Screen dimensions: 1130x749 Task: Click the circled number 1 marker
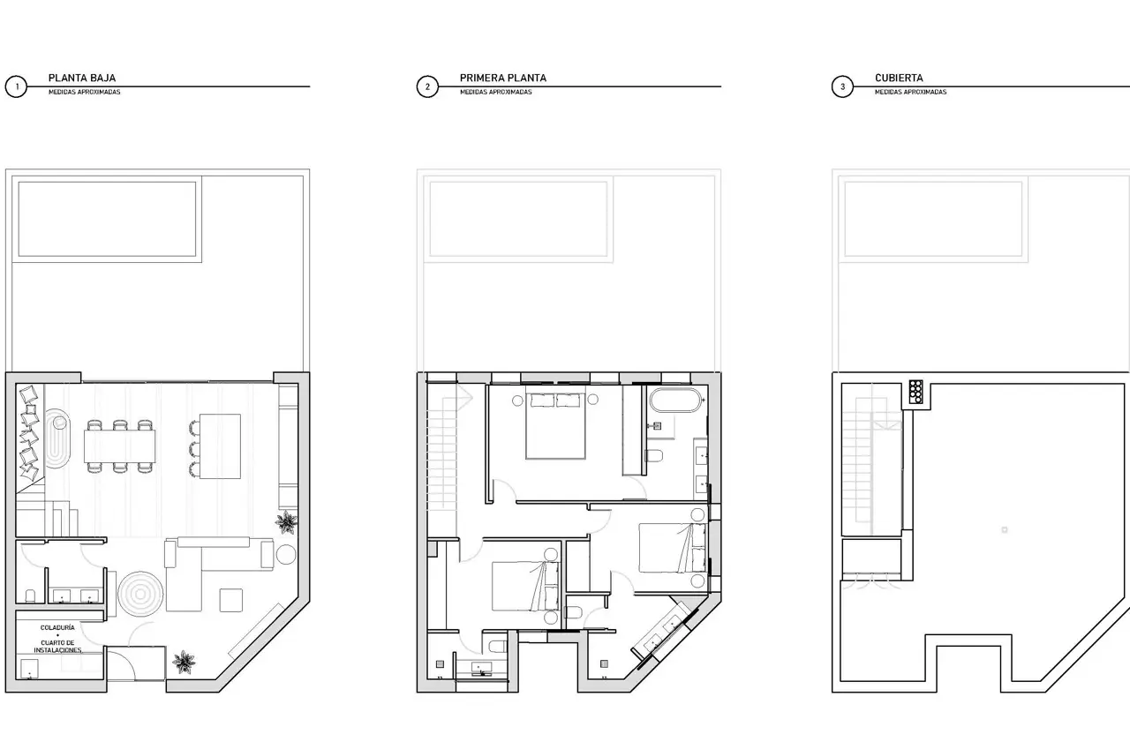click(16, 86)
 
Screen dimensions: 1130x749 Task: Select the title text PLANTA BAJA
click(82, 79)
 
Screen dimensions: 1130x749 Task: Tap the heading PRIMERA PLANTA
click(503, 79)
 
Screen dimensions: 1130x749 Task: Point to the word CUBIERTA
click(899, 79)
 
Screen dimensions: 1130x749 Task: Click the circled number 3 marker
click(842, 86)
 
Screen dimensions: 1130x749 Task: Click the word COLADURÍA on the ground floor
click(57, 627)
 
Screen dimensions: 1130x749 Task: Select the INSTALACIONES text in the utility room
click(57, 650)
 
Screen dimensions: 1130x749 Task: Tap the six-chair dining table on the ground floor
click(119, 446)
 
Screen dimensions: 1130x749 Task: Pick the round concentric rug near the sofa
click(140, 594)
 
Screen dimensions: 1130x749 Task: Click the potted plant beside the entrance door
click(183, 662)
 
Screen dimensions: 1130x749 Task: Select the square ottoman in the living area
click(231, 600)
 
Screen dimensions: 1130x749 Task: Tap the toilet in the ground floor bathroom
click(31, 595)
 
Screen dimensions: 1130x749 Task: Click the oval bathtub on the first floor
click(675, 401)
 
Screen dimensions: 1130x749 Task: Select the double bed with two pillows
click(555, 426)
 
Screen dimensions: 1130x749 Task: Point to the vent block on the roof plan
click(916, 392)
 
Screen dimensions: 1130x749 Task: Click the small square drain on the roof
click(1005, 529)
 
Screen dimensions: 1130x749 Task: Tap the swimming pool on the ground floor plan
click(107, 219)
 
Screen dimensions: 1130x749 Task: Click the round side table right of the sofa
click(286, 554)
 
